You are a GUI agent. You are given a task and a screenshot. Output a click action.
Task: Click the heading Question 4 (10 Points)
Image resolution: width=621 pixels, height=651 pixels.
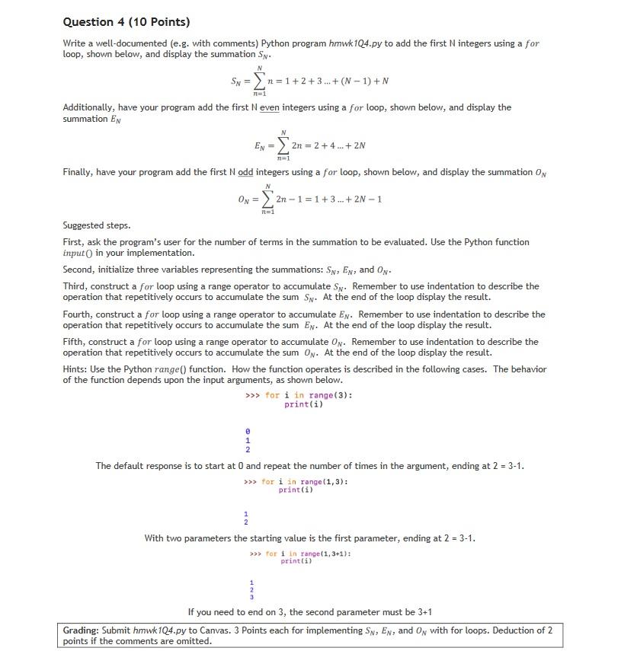click(x=126, y=21)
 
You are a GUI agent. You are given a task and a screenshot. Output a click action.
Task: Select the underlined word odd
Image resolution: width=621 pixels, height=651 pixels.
click(x=245, y=173)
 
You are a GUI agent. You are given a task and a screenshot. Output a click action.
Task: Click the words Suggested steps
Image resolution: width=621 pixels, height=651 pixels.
click(x=96, y=226)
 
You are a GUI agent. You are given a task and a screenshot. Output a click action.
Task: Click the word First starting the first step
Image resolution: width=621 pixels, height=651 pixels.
click(x=72, y=242)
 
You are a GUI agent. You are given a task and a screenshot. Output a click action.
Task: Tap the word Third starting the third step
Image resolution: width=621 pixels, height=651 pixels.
click(x=75, y=286)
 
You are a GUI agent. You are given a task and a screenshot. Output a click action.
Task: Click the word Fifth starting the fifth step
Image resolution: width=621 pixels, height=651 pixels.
click(x=74, y=342)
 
